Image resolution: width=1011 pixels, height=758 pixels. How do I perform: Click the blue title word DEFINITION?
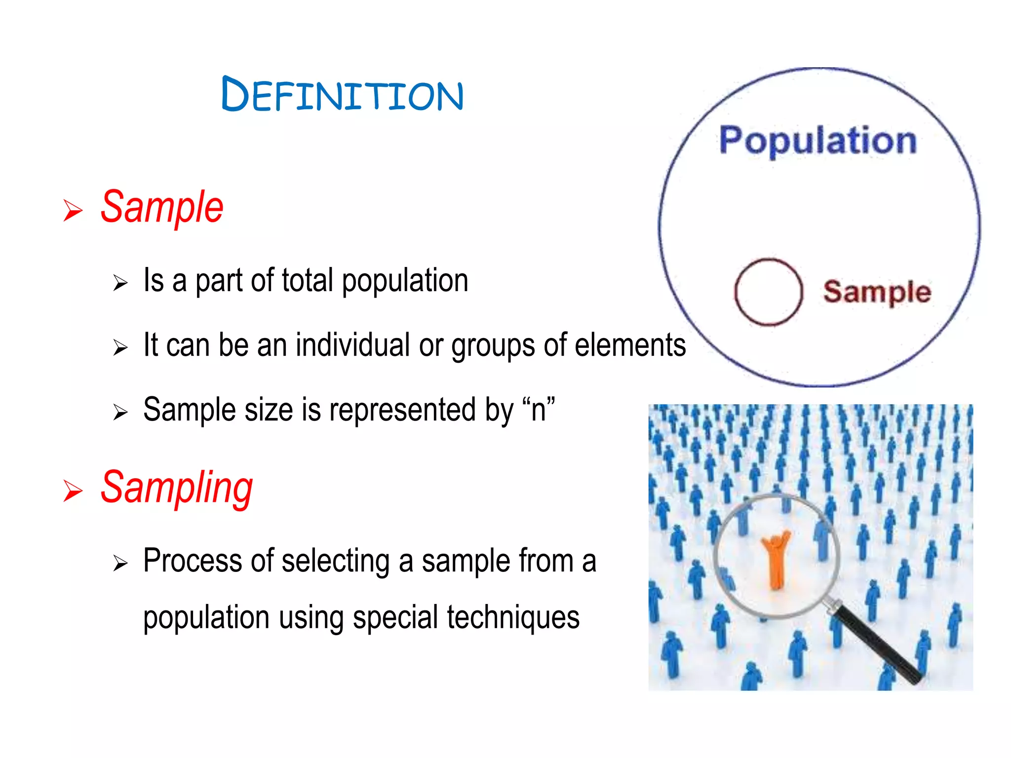pos(342,94)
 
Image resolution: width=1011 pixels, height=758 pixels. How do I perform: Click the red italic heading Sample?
pos(162,207)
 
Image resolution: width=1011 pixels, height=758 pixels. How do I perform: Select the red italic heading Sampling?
pos(177,488)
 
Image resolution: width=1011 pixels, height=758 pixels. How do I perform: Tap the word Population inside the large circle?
pos(817,141)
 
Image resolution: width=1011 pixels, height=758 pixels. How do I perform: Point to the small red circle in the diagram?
pos(768,292)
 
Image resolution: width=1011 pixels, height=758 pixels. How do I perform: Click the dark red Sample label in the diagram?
pos(877,292)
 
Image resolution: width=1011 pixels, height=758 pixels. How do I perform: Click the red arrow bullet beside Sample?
pos(73,211)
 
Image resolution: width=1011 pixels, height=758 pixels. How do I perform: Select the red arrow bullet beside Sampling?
pos(73,491)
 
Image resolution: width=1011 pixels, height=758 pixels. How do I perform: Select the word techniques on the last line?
pos(513,617)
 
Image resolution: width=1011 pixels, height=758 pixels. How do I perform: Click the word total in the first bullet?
pos(308,280)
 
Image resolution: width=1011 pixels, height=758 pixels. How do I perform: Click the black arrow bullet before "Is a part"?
pos(120,283)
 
